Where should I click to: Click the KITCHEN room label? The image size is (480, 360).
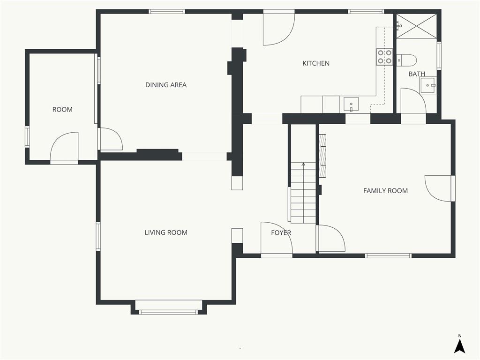316,63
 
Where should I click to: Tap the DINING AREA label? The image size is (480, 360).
166,85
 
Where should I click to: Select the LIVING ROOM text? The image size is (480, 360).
166,232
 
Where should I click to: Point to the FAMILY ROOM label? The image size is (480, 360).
385,191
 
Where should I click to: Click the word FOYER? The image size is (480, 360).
281,232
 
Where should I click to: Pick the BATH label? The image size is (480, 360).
417,74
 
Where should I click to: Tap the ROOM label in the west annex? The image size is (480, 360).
62,110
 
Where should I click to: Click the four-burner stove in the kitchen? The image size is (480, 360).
384,57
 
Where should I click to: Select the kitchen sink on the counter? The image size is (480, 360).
351,105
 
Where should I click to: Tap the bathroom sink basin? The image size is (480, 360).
427,85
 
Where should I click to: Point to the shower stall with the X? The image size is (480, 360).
416,26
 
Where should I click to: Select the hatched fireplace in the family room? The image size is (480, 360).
322,156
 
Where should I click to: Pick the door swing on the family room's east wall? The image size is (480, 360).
438,188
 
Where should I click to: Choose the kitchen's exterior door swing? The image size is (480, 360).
278,30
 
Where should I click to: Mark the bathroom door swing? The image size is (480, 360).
413,100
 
